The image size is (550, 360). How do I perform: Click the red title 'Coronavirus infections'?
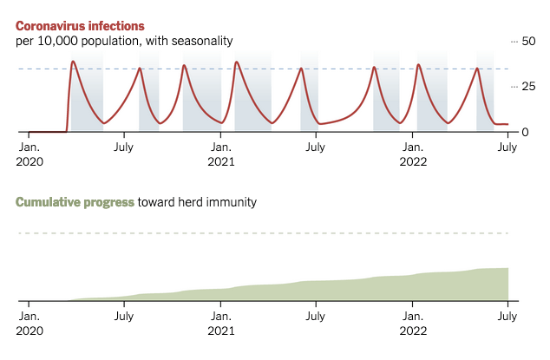[x=80, y=26]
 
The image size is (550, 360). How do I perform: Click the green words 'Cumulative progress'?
[x=75, y=202]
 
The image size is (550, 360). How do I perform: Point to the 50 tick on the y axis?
[x=526, y=42]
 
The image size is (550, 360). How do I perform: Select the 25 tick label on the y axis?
[x=526, y=87]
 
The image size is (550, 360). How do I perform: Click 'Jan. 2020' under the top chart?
[x=29, y=154]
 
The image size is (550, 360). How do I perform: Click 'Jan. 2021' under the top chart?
[x=221, y=154]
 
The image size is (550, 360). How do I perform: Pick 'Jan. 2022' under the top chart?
[x=413, y=154]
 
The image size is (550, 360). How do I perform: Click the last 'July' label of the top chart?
[x=507, y=147]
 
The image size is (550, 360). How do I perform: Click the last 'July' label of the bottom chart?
[x=507, y=317]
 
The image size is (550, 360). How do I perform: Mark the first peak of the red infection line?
[x=73, y=62]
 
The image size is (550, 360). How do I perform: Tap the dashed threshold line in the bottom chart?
[x=260, y=233]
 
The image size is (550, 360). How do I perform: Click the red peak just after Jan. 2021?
[x=237, y=62]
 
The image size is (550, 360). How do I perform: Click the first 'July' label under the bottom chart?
[x=124, y=317]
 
